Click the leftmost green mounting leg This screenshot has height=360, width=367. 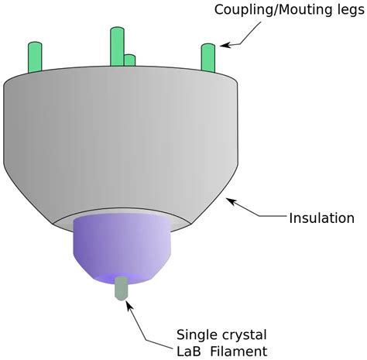click(34, 58)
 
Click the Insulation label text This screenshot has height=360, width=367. click(321, 218)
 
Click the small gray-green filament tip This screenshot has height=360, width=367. click(121, 289)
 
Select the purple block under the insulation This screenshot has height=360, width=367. click(122, 245)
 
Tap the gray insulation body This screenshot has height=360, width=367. click(116, 147)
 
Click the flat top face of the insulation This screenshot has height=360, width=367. click(116, 77)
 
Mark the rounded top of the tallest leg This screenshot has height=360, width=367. click(117, 31)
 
